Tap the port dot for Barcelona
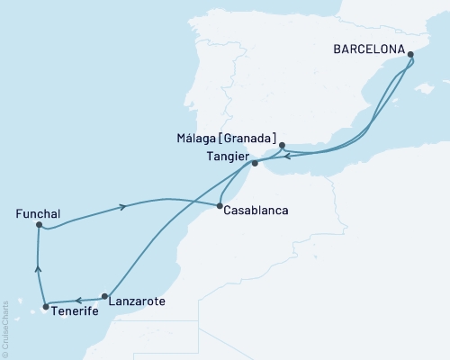pos(410,55)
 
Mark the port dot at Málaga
pos(282,145)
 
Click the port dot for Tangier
pos(255,164)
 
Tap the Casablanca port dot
pos(220,206)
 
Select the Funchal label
pos(38,214)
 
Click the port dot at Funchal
pos(38,225)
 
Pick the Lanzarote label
pos(136,301)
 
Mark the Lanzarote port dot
pos(105,296)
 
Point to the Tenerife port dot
pos(45,306)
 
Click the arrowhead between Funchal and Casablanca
pos(122,207)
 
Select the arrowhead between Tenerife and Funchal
pos(38,266)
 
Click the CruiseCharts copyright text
pos(5,329)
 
